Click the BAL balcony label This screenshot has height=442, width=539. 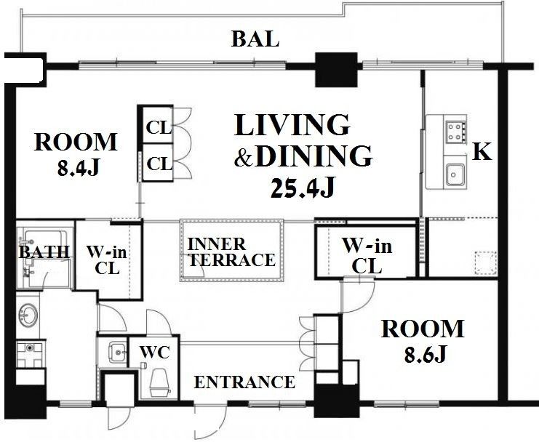pos(255,39)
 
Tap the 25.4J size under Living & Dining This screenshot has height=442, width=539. pos(302,188)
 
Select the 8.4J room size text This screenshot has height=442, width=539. pos(79,168)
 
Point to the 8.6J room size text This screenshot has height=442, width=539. pos(425,353)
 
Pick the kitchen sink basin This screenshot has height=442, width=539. pos(455,175)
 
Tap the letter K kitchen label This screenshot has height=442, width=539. pos(482,152)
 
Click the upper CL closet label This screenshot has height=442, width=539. pos(159,128)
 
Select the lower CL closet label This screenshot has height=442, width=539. pos(159,164)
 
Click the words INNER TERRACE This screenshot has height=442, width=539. pos(231,252)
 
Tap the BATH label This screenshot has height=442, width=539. pos(44,252)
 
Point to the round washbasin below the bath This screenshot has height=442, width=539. pos(28,316)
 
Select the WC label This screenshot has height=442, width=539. pos(154,352)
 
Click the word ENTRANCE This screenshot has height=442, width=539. pos(244,382)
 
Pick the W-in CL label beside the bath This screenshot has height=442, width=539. pos(106,260)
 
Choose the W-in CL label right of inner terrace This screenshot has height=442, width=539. pos(367,255)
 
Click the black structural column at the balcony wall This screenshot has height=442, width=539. pos(337,70)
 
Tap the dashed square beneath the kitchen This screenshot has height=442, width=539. pos(486,263)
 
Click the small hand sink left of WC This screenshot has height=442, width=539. pos(117,352)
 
